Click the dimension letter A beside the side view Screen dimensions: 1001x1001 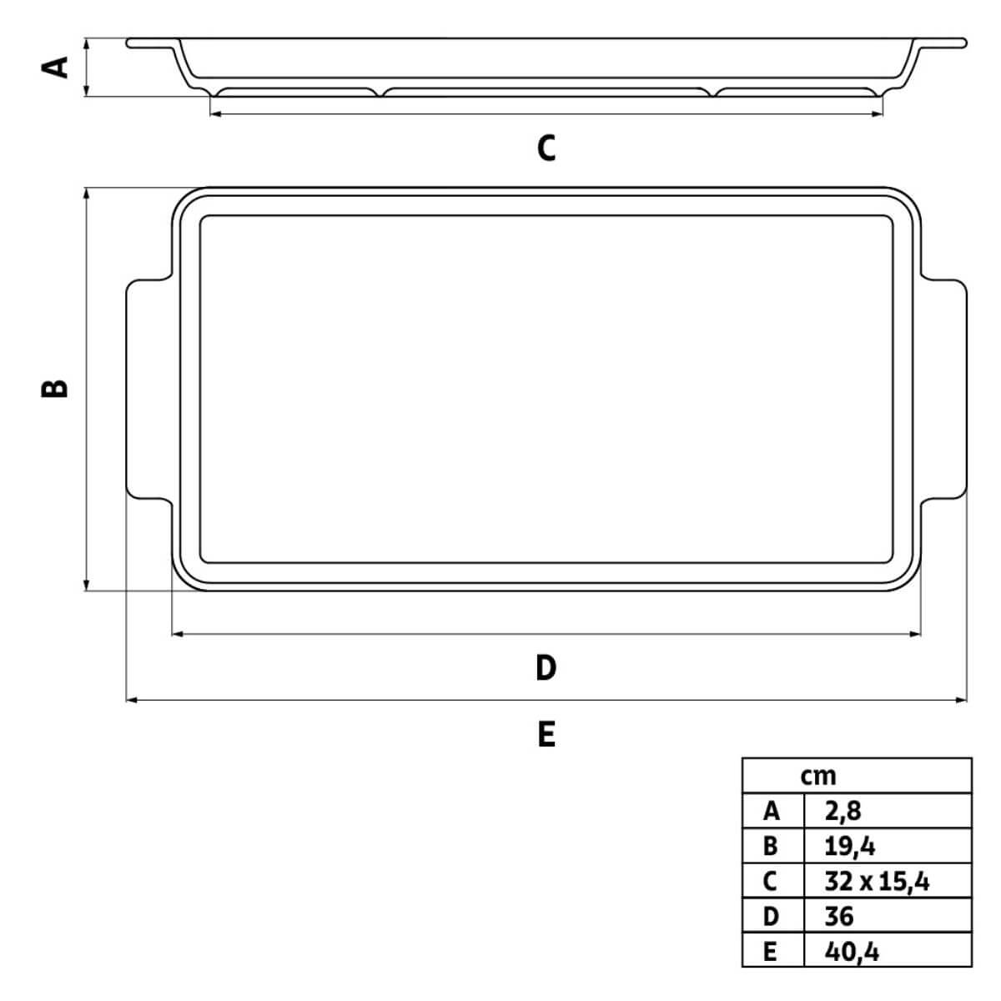tap(55, 66)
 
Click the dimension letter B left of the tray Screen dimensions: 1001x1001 tap(55, 388)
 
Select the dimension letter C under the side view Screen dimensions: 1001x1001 tap(546, 148)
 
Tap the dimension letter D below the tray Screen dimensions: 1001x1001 tap(546, 667)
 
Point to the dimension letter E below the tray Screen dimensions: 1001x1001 tap(546, 734)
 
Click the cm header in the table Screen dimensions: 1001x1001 tap(817, 776)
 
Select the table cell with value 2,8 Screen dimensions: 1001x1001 tap(843, 811)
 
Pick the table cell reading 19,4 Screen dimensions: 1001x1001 tap(849, 846)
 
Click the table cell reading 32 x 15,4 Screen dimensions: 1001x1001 tap(876, 881)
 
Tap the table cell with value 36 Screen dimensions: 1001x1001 tap(839, 916)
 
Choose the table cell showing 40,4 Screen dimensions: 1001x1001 tap(851, 951)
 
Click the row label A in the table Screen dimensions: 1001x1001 tap(772, 811)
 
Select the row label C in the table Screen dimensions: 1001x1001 tap(772, 881)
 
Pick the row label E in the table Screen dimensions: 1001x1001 tap(772, 951)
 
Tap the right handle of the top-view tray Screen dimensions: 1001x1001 tap(944, 390)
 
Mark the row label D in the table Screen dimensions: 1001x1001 tap(772, 916)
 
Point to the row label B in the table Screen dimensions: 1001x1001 tap(772, 846)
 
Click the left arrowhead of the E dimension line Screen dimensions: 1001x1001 tap(130, 701)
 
